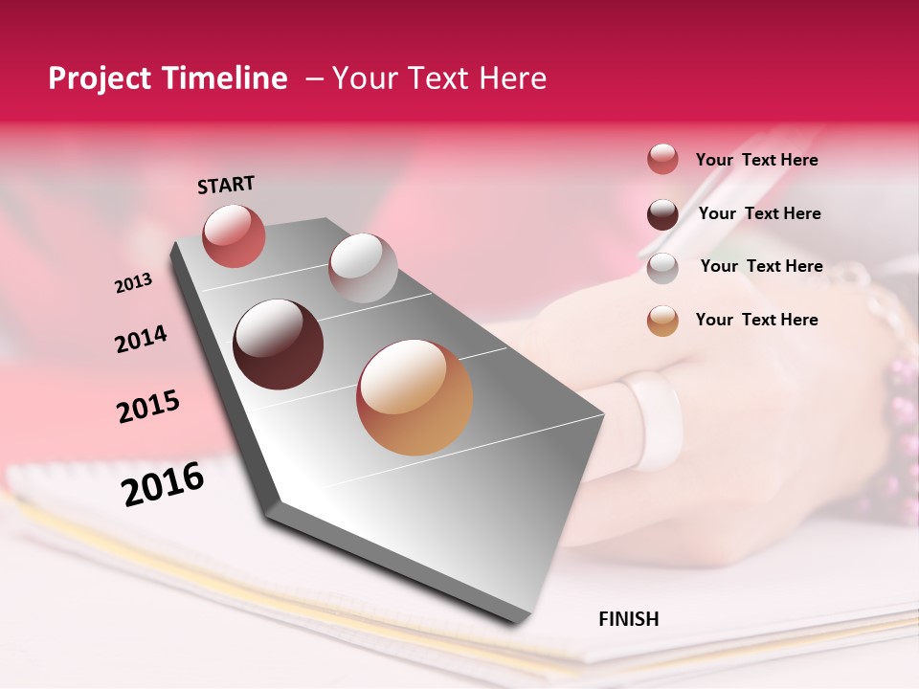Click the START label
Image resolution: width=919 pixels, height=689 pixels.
226,185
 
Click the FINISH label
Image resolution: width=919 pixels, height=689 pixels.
629,619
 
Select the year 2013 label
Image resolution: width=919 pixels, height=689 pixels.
133,283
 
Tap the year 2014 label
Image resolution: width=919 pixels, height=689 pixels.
141,339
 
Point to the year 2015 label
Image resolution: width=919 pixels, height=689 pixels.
148,407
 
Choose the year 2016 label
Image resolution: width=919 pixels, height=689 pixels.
163,483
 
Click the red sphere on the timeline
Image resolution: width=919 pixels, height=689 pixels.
234,235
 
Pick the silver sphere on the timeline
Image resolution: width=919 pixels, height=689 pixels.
363,268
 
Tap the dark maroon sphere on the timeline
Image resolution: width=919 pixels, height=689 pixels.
279,344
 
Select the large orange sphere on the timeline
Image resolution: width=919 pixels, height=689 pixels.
415,397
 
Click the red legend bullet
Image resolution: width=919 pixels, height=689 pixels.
662,160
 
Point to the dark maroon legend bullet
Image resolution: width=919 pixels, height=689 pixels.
662,214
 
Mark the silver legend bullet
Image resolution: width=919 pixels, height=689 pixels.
662,268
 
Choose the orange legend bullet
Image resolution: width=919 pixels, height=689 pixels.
662,321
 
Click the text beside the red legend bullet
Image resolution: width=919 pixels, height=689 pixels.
756,160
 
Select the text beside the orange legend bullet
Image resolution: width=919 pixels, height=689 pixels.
756,320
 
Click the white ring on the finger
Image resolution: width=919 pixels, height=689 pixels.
654,421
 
